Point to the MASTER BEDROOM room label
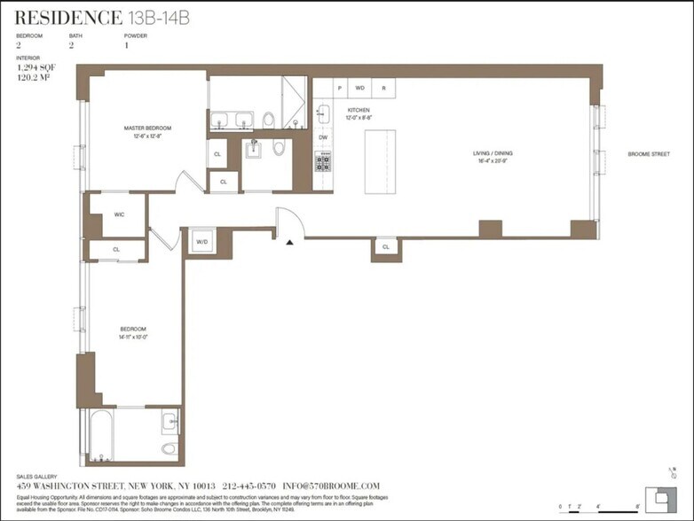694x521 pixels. [147, 128]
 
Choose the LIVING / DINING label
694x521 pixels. [493, 153]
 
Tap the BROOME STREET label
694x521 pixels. [647, 153]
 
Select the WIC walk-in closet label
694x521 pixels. [119, 215]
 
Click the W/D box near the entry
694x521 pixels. [201, 241]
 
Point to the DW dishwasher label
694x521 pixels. [323, 137]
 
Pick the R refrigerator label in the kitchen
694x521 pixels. [383, 88]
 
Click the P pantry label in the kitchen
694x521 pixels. [340, 88]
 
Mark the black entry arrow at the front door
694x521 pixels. [289, 242]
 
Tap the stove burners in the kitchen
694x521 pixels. [323, 162]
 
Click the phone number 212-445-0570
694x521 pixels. [251, 486]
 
